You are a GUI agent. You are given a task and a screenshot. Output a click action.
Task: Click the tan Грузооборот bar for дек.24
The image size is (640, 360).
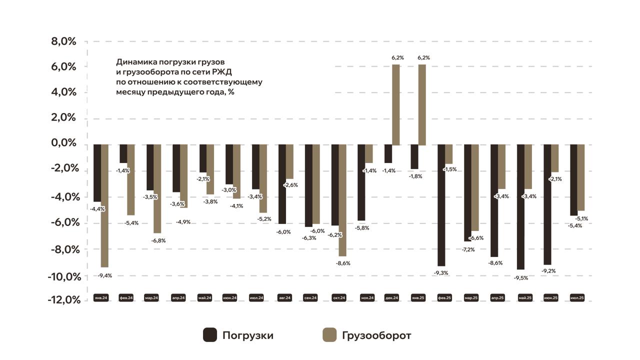point(396,105)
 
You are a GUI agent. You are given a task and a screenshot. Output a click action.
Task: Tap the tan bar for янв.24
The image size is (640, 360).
point(104,206)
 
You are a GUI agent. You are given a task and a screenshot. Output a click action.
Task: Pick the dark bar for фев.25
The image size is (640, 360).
point(441,205)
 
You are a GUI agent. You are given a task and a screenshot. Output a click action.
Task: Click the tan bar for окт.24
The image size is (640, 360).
point(342,200)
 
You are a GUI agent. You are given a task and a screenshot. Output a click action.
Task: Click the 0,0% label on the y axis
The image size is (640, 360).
point(63,143)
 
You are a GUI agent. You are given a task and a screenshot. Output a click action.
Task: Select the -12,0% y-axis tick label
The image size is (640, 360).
point(63,300)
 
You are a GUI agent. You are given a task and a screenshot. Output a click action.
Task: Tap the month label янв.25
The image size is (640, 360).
point(418,297)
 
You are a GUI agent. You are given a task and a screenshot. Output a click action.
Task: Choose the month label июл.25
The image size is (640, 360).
point(577,297)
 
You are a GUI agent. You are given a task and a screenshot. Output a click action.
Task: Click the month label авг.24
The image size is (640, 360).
point(285,297)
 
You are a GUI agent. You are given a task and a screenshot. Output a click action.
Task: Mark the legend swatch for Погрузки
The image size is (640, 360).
point(210,335)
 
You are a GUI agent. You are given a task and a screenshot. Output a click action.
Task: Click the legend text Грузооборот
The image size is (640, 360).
point(376,335)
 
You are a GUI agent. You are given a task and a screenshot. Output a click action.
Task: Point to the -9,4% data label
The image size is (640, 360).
point(104,275)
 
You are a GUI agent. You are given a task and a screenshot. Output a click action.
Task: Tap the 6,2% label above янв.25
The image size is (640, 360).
point(423,58)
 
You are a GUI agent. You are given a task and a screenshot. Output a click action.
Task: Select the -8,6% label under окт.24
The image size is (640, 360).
point(342,263)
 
